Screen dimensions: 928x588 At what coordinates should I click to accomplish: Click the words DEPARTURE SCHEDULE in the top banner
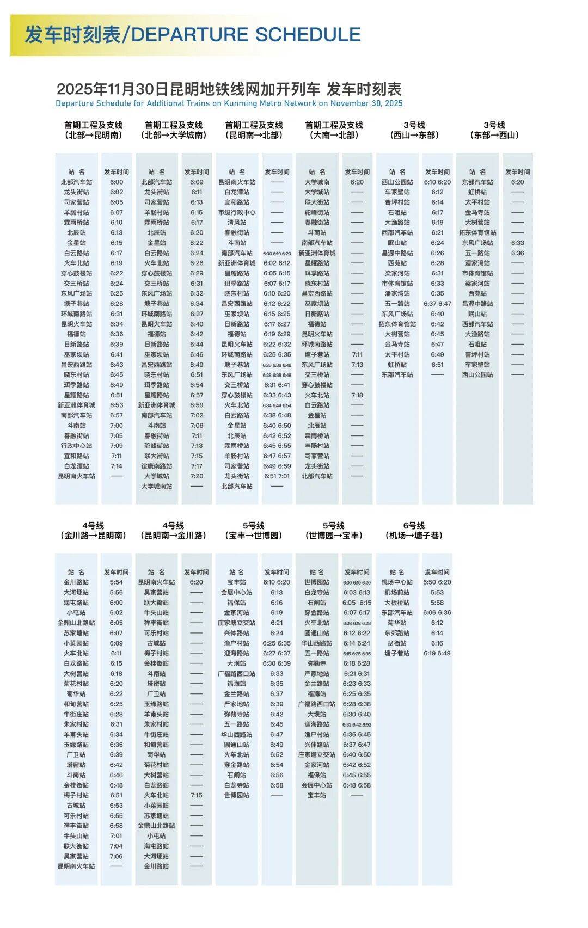click(x=246, y=35)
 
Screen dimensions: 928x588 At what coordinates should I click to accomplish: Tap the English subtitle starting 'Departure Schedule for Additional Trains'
click(x=229, y=103)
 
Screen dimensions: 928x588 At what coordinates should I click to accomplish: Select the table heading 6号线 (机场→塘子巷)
click(x=414, y=531)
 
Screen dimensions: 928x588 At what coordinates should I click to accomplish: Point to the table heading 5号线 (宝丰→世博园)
click(x=254, y=531)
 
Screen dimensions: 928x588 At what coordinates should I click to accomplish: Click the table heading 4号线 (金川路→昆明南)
click(x=93, y=531)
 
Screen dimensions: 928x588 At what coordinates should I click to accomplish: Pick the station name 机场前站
click(x=397, y=593)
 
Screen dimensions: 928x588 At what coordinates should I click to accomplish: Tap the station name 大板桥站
click(x=397, y=603)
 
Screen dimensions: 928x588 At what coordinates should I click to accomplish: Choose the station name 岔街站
click(x=397, y=643)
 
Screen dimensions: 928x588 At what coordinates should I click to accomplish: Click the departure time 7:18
click(x=357, y=395)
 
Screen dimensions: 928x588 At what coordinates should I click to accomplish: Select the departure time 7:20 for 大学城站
click(x=197, y=476)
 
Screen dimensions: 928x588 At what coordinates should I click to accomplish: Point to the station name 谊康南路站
click(x=157, y=466)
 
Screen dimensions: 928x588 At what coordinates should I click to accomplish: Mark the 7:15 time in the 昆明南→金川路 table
click(x=197, y=796)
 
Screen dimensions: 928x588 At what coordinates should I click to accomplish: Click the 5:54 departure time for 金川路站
click(x=117, y=582)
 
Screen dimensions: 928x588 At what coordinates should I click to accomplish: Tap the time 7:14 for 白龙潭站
click(x=117, y=466)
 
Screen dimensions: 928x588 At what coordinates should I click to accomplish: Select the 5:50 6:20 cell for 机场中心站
click(x=437, y=582)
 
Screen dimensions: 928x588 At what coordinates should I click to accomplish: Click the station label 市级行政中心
click(x=237, y=212)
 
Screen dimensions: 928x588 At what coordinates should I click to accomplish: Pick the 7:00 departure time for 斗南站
click(x=117, y=426)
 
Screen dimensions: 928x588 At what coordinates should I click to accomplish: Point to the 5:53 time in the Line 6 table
click(x=437, y=593)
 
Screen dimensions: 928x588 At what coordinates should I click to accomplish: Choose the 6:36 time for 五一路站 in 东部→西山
click(x=518, y=253)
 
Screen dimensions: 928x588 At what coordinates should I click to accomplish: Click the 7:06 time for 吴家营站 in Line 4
click(x=117, y=857)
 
